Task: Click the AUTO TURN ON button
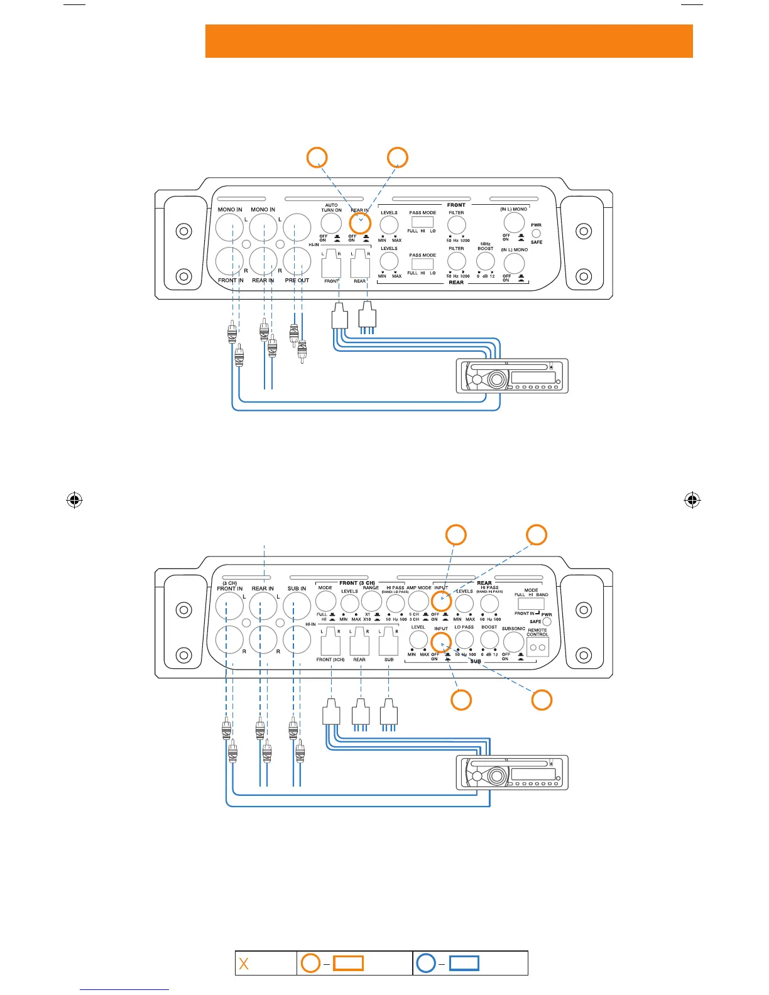click(331, 223)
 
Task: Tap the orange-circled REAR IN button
click(360, 223)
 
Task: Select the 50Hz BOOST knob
click(485, 261)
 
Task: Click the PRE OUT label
click(297, 280)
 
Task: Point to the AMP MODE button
click(418, 602)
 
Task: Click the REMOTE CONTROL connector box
click(538, 647)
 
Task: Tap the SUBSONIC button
click(513, 642)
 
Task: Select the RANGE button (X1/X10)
click(371, 601)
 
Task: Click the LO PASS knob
click(464, 639)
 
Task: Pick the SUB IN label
click(297, 589)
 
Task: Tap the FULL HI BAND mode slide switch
click(531, 604)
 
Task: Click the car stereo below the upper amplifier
click(512, 376)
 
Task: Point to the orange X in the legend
click(244, 964)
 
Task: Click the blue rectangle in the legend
click(464, 963)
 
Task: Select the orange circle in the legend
click(310, 963)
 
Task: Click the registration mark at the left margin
click(74, 500)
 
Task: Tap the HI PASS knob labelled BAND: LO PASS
click(395, 603)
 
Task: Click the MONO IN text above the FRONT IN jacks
click(230, 209)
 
